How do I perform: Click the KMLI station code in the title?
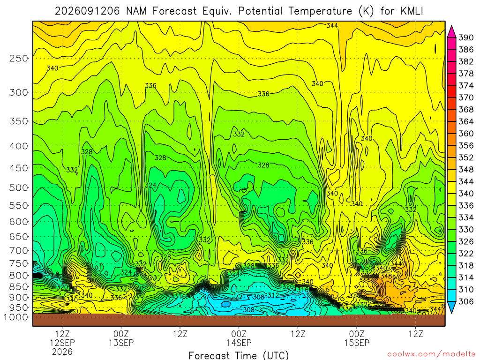412,11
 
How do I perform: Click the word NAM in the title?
136,11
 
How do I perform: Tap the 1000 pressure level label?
16,317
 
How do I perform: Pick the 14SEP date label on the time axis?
239,343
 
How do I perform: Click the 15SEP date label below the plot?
357,343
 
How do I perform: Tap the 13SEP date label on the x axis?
121,343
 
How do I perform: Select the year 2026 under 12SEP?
62,352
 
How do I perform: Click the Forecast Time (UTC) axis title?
239,355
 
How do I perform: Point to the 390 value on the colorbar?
465,37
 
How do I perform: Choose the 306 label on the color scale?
465,302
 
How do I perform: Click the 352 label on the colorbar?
465,157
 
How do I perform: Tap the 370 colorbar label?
465,97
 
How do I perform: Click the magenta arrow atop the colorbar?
451,32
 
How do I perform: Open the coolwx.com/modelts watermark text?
431,354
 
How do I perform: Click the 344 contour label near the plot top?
332,25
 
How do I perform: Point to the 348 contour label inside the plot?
386,276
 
